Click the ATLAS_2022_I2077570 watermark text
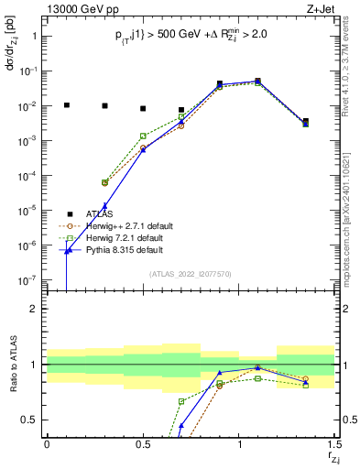(x=190, y=273)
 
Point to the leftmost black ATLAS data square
(x=66, y=105)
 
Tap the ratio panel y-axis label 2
(x=33, y=309)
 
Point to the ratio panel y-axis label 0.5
(x=29, y=420)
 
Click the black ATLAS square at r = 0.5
(x=143, y=108)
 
